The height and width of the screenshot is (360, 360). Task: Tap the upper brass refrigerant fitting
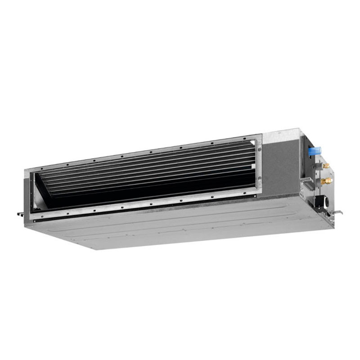325,166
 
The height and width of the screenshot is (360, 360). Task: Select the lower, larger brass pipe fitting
327,181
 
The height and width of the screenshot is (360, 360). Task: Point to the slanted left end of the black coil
43,184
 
